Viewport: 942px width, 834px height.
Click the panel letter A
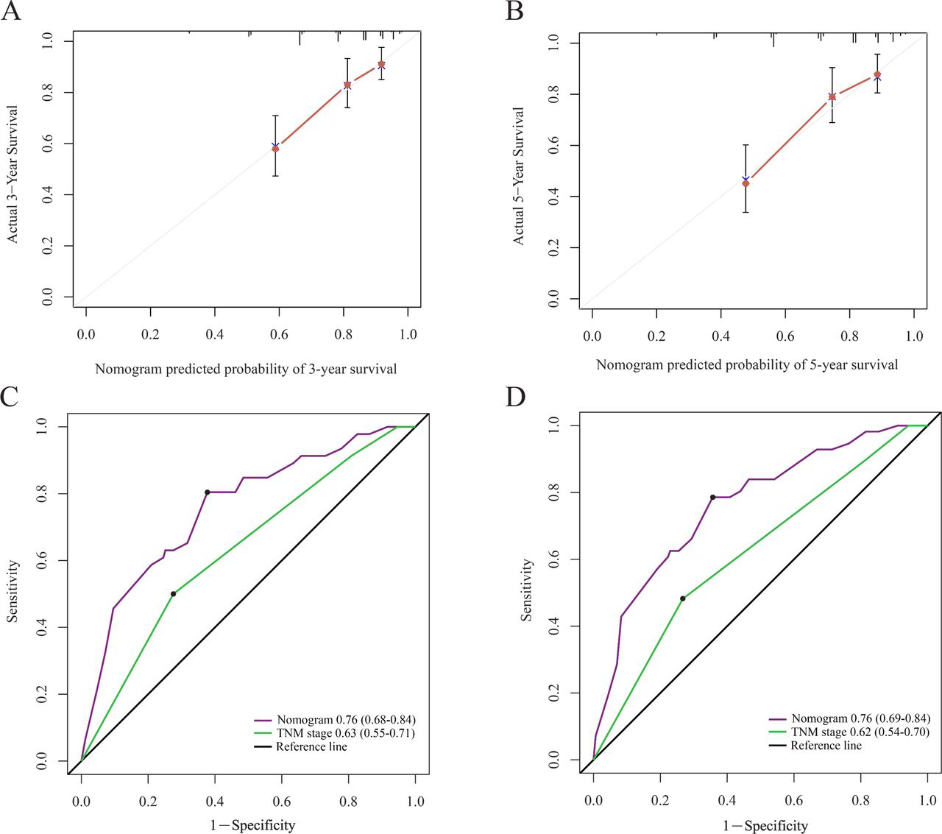pos(10,11)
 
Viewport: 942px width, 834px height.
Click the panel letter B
pos(514,11)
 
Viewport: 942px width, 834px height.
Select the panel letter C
pos(10,397)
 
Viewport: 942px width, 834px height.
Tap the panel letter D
pos(516,397)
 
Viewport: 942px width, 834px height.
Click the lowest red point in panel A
pos(275,149)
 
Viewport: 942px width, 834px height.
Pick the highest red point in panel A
pos(381,64)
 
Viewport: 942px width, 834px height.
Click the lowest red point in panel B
pos(746,183)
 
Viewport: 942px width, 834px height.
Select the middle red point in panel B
pos(832,96)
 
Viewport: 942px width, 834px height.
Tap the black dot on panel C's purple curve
pos(208,492)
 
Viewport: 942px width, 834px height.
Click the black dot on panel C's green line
pos(174,594)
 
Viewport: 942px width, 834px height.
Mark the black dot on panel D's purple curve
pos(712,498)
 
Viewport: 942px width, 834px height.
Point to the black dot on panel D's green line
pos(682,598)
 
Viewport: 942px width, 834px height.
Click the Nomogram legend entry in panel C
pos(334,720)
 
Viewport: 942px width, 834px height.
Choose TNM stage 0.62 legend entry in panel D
pos(849,732)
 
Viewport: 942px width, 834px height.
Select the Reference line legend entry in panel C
pos(300,746)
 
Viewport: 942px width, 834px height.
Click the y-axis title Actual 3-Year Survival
pos(13,174)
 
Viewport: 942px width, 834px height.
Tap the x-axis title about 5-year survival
pos(747,364)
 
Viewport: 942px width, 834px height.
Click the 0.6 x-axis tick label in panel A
pos(279,334)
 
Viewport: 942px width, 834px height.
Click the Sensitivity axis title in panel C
pos(13,591)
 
